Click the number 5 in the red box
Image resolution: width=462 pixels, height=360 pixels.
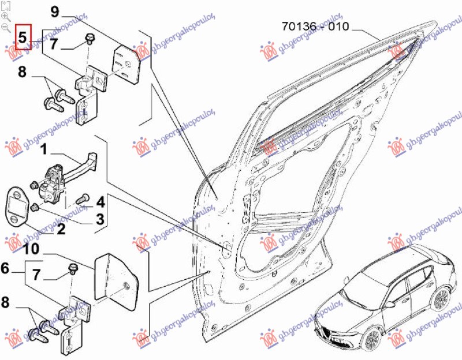coord(22,37)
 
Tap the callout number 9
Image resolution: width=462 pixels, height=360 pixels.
coord(55,11)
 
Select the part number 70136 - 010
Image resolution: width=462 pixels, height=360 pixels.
coord(315,27)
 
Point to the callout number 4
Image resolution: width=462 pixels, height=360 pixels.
coord(100,202)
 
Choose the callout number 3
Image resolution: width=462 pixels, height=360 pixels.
coord(99,219)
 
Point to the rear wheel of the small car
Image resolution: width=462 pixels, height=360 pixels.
coord(441,299)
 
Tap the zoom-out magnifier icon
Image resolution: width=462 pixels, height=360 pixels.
coord(5,27)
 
